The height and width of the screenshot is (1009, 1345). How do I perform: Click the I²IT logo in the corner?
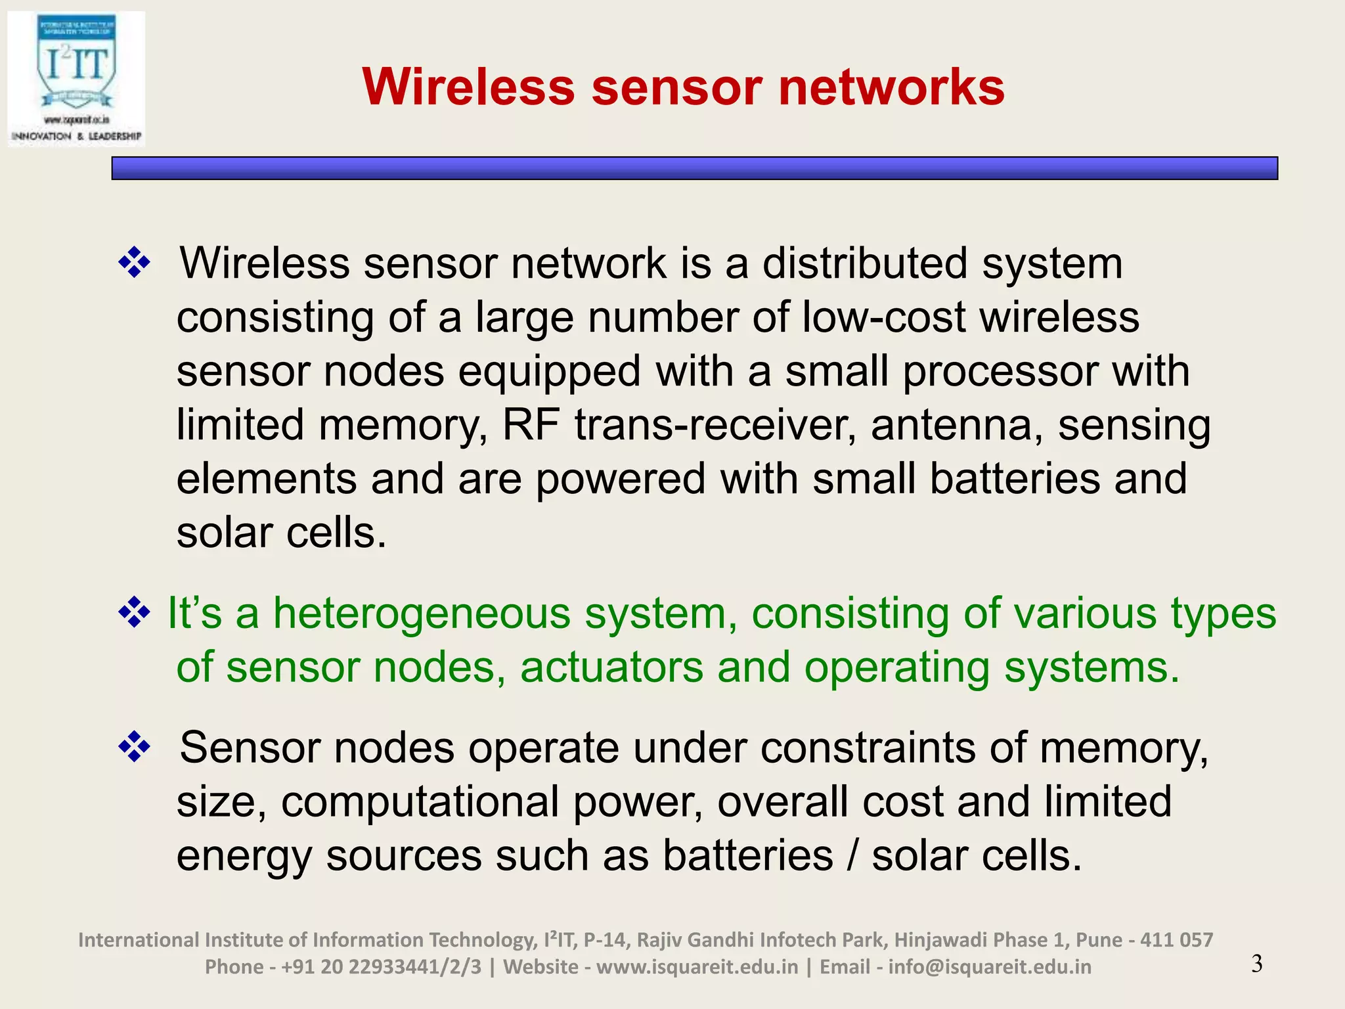coord(76,79)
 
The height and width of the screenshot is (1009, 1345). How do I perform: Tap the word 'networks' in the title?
coord(891,87)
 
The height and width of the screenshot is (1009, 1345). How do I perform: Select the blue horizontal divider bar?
coord(694,168)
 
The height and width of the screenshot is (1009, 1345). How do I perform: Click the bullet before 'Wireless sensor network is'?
coord(134,263)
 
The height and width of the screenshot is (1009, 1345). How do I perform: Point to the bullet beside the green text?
coord(134,612)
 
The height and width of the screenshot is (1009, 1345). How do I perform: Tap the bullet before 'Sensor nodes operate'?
coord(134,747)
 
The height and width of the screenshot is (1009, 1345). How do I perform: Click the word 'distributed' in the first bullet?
coord(865,263)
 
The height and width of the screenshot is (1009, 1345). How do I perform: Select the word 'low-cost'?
coord(884,317)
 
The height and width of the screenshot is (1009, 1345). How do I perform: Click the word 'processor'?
coord(1000,371)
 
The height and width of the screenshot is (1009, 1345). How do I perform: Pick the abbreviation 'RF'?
coord(531,425)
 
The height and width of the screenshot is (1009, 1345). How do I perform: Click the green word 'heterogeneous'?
coord(422,614)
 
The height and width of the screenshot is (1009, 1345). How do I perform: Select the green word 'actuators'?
coord(611,667)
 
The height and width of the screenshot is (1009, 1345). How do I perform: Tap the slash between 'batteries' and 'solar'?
coord(852,856)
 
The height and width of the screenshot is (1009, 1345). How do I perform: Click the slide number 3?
coord(1256,964)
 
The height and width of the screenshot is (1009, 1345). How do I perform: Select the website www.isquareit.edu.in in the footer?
coord(697,967)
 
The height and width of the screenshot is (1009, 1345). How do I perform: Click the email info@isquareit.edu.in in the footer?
coord(989,967)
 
